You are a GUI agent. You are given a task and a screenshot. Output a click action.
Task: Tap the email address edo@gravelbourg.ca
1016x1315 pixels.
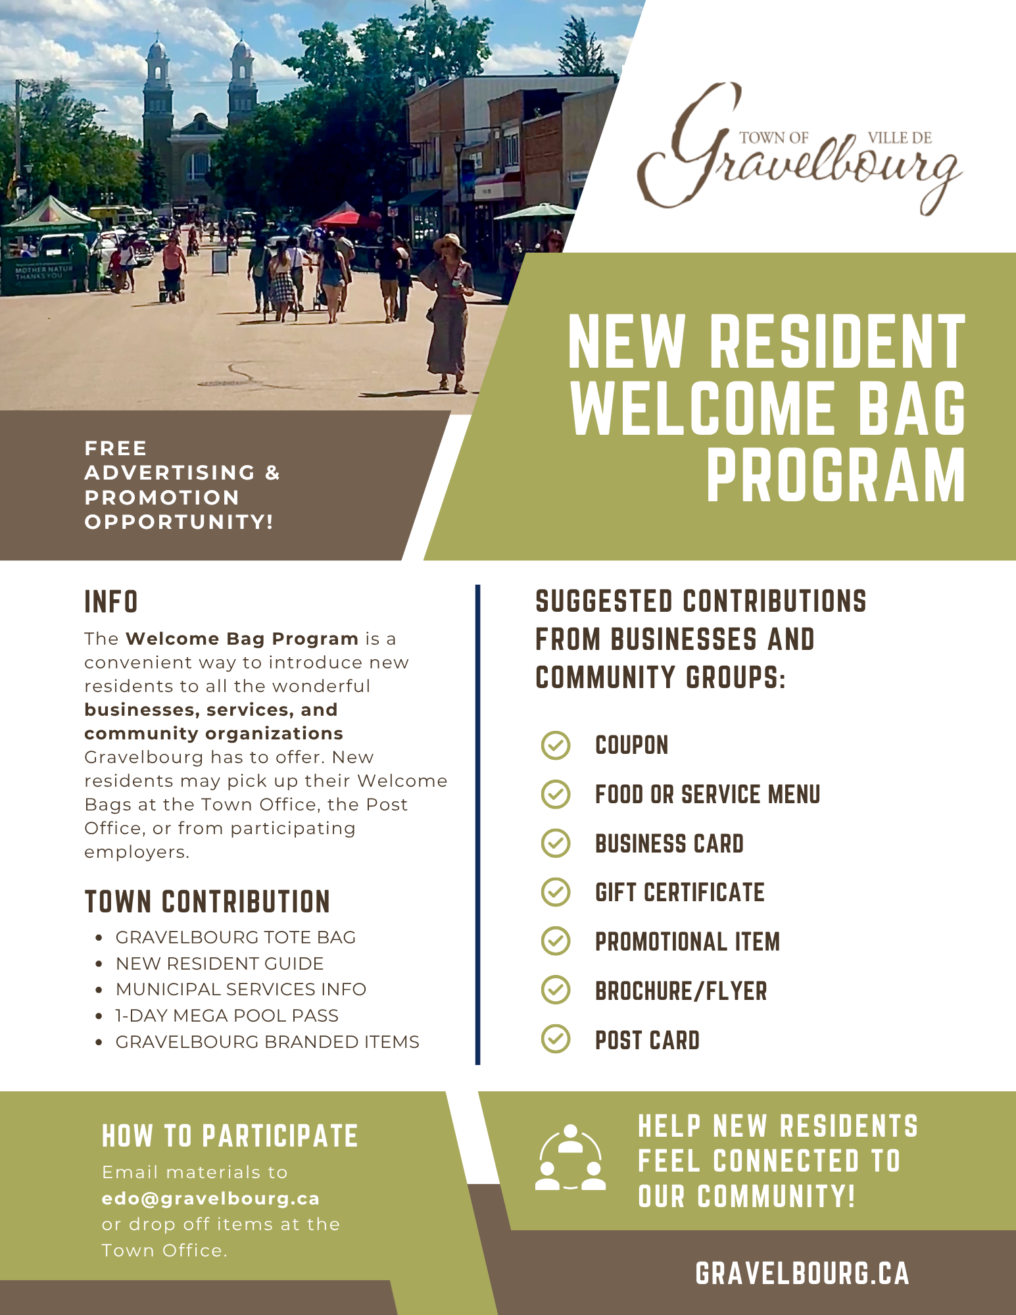[210, 1199]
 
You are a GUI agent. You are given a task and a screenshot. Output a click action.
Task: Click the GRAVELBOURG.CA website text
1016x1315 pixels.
[802, 1274]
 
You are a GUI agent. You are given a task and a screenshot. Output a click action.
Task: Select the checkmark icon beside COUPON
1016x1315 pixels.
[556, 745]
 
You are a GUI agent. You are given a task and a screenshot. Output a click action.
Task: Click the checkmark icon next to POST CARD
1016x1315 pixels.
[556, 1039]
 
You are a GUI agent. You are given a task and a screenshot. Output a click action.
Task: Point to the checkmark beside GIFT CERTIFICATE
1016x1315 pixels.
[556, 892]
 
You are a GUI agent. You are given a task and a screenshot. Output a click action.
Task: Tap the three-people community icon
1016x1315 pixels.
[570, 1159]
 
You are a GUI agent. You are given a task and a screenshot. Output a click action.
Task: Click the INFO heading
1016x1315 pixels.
[111, 602]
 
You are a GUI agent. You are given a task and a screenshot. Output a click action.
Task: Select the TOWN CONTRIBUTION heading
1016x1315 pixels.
[207, 902]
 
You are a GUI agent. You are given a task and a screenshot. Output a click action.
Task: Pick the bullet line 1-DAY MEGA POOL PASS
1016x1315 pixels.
[227, 1016]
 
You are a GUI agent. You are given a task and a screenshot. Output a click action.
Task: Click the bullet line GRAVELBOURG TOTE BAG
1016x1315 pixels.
[235, 937]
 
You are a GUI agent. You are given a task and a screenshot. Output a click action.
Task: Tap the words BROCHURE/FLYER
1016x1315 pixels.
[681, 991]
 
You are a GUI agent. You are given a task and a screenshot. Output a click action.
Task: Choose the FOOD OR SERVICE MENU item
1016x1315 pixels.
[708, 795]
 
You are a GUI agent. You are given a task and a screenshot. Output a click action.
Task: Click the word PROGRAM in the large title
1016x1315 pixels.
[835, 475]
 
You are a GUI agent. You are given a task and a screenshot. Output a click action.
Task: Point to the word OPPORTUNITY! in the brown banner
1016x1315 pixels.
[179, 522]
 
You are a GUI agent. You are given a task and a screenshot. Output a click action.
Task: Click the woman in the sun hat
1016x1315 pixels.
[448, 312]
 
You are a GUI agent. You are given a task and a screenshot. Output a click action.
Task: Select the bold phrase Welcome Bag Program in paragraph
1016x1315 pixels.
[242, 639]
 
